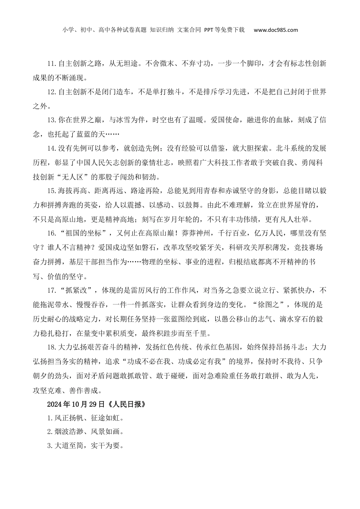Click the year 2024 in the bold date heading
[54, 404]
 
